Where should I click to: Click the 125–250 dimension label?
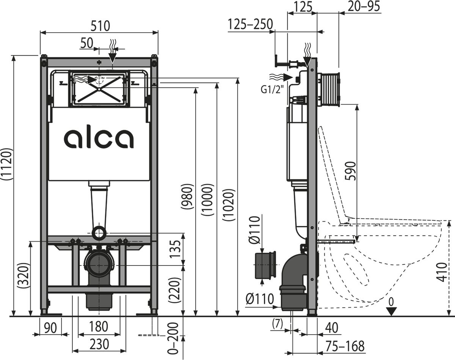250,24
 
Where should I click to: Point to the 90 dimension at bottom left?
50,327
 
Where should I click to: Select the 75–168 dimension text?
344,346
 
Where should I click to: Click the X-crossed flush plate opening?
99,89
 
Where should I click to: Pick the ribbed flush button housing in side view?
329,89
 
